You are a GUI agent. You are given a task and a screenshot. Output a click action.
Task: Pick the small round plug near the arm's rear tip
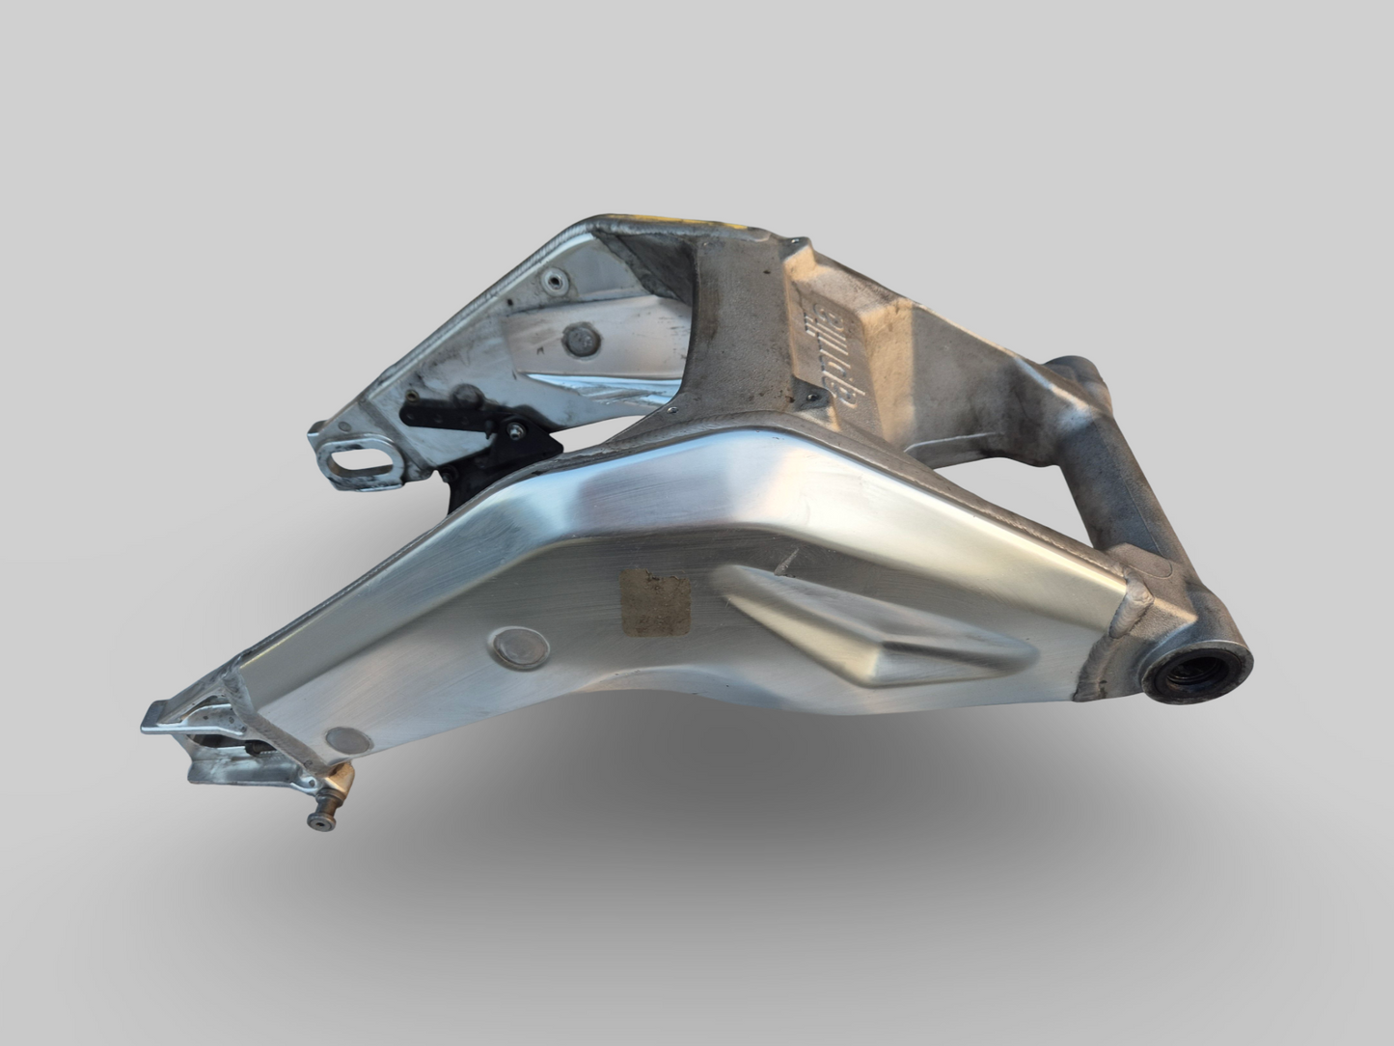(347, 741)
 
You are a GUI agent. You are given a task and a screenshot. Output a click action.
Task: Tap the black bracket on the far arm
(482, 425)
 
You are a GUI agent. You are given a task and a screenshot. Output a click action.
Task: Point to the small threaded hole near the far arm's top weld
(551, 281)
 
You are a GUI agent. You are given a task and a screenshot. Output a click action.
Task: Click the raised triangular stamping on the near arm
(849, 627)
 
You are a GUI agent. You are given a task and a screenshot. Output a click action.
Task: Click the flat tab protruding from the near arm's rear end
(164, 717)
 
